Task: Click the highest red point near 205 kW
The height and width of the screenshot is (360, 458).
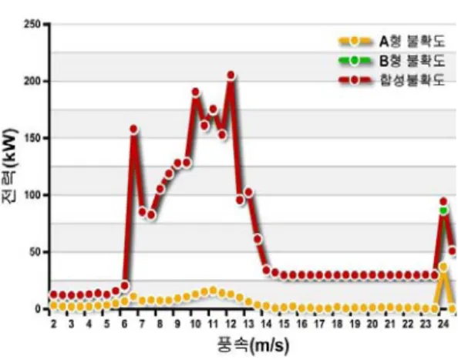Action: point(231,76)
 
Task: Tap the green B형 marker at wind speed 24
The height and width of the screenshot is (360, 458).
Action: point(443,210)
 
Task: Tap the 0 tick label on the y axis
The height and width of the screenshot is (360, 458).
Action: point(38,309)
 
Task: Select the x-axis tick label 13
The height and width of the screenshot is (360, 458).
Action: point(248,324)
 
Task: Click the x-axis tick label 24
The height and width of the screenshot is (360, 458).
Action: point(443,324)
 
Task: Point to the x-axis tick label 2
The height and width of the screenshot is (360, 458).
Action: point(53,324)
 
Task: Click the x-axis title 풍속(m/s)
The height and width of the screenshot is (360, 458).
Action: point(253,345)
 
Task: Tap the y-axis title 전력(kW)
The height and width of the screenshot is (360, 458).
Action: point(10,166)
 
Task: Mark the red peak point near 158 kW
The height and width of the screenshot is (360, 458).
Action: point(133,129)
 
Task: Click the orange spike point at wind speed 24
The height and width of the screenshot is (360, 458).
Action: point(443,267)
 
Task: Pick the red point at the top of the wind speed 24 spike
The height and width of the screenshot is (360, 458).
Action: point(443,201)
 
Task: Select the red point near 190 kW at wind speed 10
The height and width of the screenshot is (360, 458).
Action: point(195,93)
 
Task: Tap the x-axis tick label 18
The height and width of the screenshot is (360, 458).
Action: point(337,324)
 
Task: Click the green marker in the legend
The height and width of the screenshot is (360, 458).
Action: point(355,60)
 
